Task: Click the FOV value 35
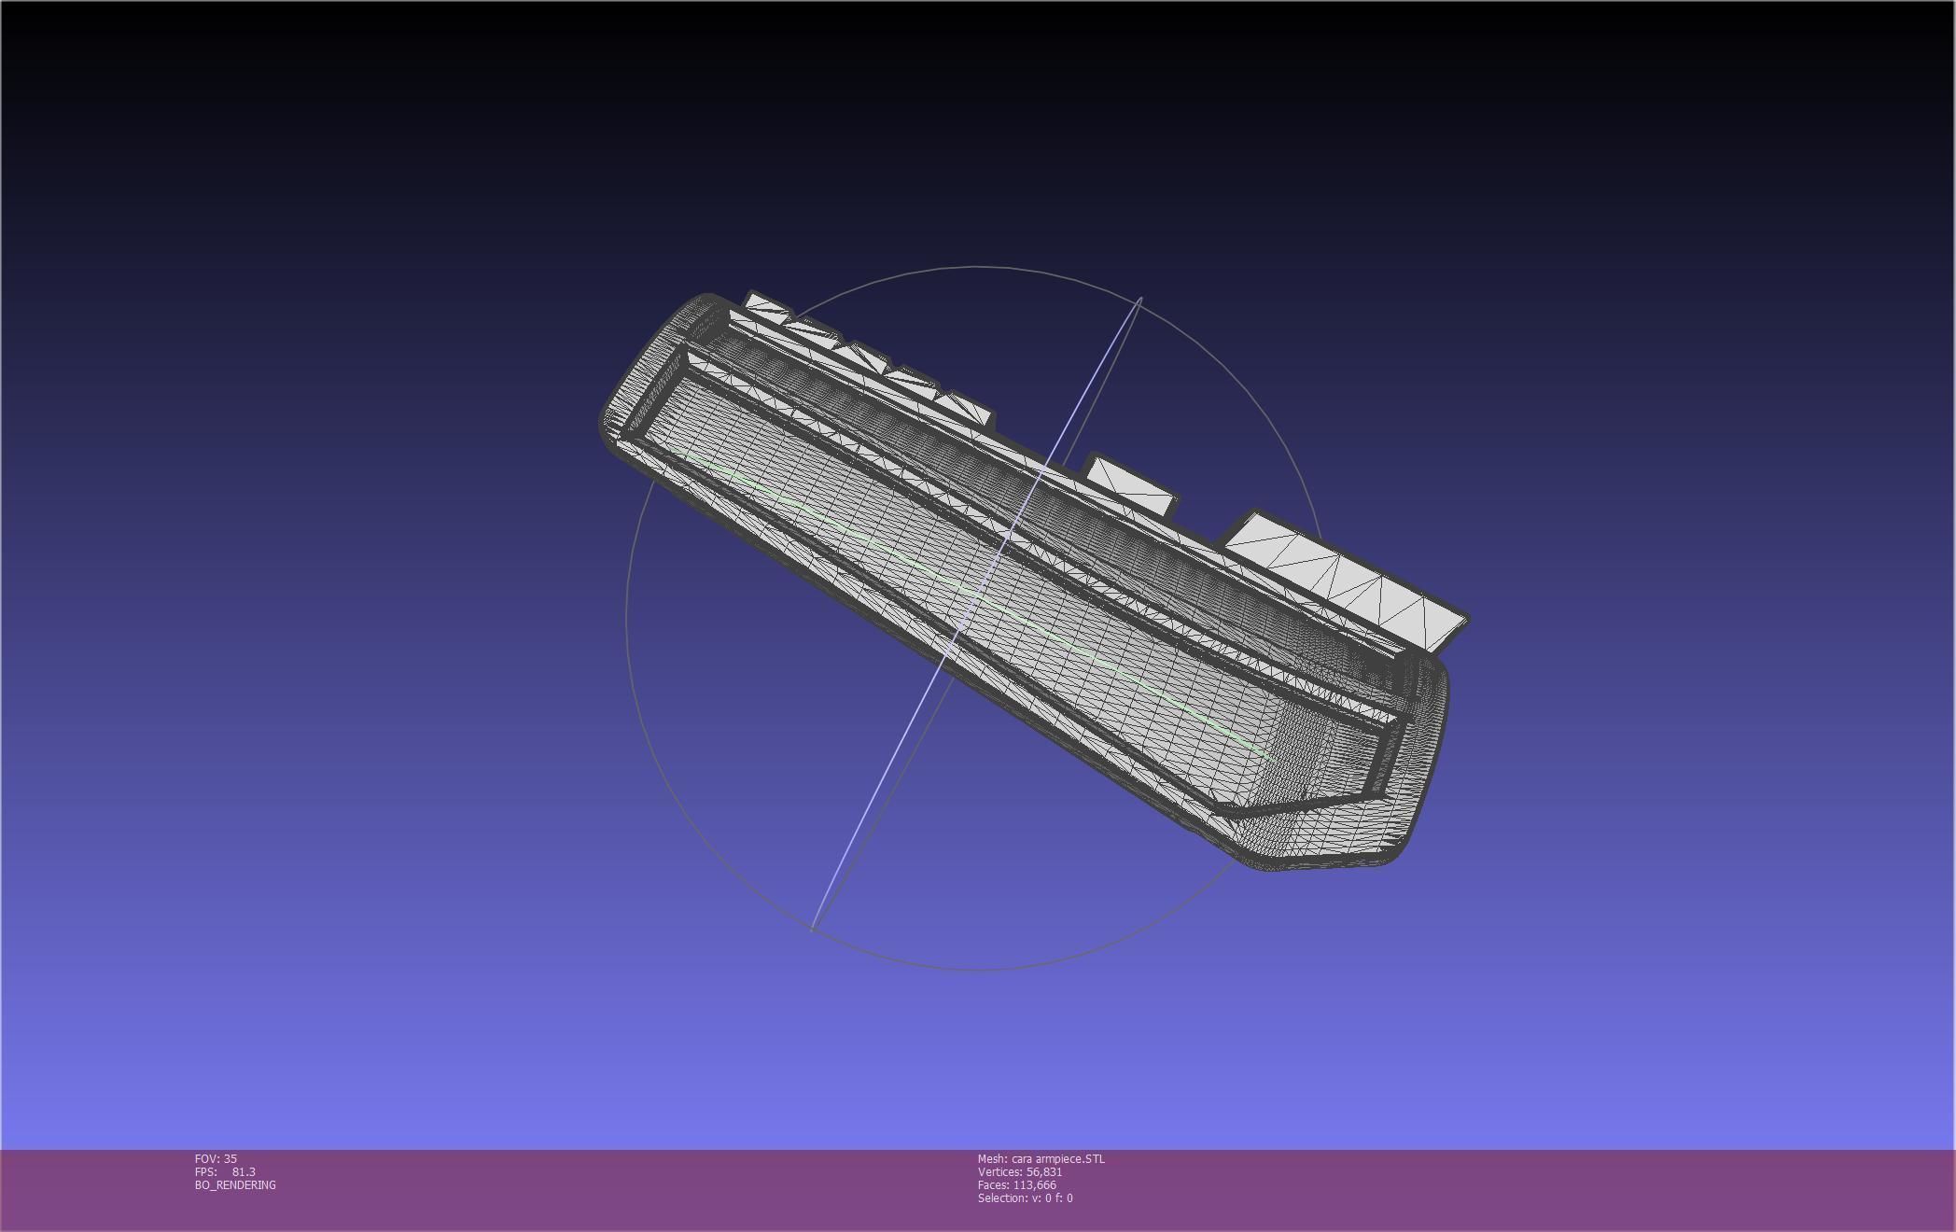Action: [230, 1158]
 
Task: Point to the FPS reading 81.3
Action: [243, 1171]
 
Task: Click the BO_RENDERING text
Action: [235, 1184]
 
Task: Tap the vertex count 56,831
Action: [1044, 1171]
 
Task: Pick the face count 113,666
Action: [1034, 1184]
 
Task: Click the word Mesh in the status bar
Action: [991, 1158]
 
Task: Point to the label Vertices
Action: [999, 1171]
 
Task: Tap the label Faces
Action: [993, 1184]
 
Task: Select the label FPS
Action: [205, 1171]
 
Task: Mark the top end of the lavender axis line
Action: [1140, 300]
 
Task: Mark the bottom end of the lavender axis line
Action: [813, 929]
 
